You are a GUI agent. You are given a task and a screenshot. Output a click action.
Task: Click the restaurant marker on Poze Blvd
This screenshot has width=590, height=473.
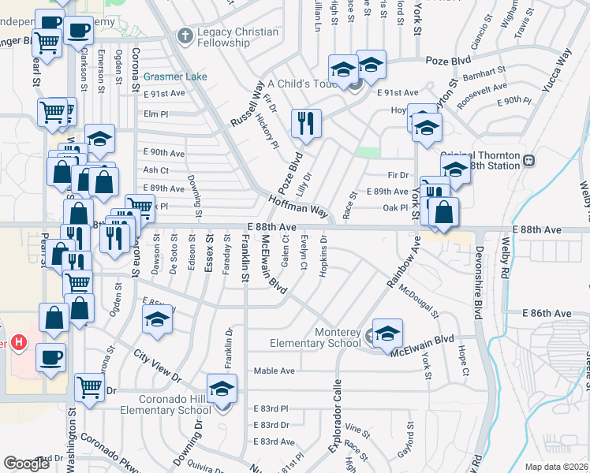coord(305,124)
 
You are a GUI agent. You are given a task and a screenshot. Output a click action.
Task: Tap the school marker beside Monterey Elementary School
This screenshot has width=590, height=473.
coord(387,333)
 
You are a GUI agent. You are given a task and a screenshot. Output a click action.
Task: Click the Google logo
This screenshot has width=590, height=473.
coord(26,464)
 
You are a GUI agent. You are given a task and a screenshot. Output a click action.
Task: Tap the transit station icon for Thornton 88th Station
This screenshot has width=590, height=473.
coord(528,159)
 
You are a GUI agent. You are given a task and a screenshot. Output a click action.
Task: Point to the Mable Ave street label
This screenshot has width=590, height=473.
coord(274,371)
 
